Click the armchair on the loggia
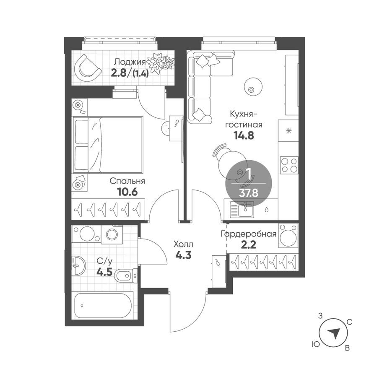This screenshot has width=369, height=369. [88, 67]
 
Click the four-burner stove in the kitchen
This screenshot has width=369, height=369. [289, 165]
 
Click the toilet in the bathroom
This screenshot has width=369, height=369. [126, 275]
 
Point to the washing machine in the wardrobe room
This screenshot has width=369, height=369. [288, 236]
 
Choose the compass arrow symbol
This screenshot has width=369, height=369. [334, 333]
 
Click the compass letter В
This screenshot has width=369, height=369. [347, 348]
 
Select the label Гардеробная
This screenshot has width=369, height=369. [249, 234]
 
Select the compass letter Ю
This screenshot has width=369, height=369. [314, 344]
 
